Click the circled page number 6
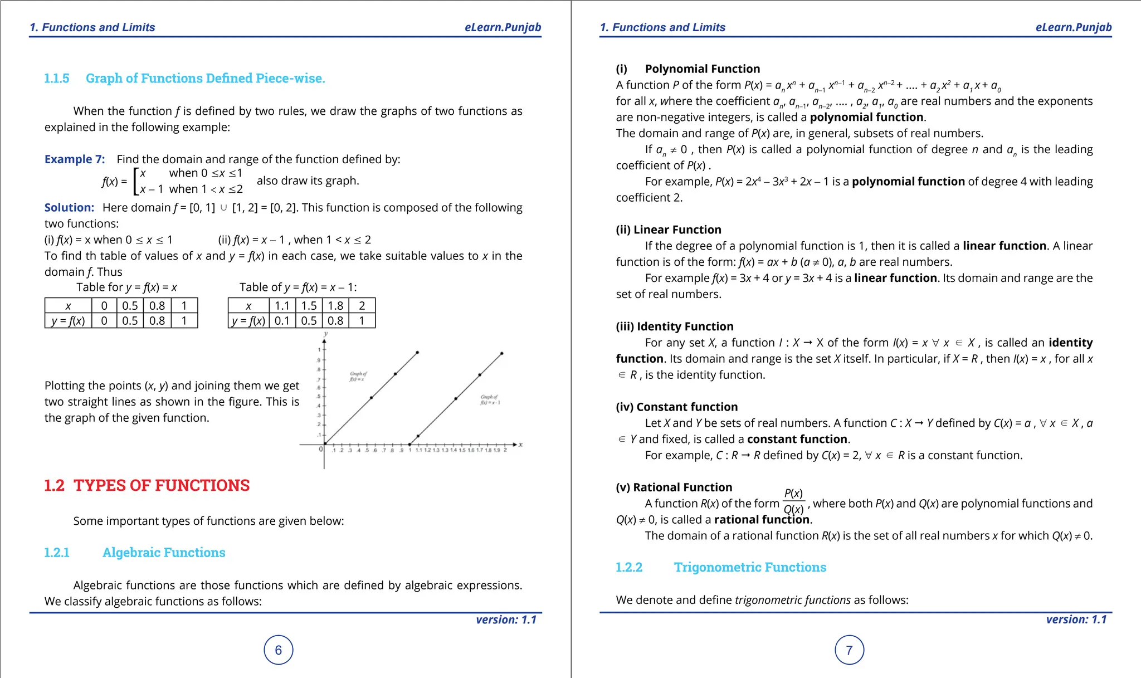pyautogui.click(x=278, y=650)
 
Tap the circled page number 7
pyautogui.click(x=849, y=650)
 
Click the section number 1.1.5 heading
pyautogui.click(x=57, y=79)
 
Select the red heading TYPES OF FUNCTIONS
pyautogui.click(x=162, y=485)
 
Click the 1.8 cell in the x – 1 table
pyautogui.click(x=335, y=305)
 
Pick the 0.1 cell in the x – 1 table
pyautogui.click(x=282, y=321)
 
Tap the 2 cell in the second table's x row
pyautogui.click(x=362, y=305)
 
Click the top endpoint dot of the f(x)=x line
pyautogui.click(x=417, y=353)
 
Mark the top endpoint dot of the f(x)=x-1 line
pyautogui.click(x=502, y=353)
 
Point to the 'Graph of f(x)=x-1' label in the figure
pyautogui.click(x=490, y=400)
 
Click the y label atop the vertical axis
pyautogui.click(x=325, y=334)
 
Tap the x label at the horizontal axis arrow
pyautogui.click(x=520, y=444)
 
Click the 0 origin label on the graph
pyautogui.click(x=320, y=449)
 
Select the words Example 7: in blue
pyautogui.click(x=75, y=159)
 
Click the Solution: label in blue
pyautogui.click(x=70, y=208)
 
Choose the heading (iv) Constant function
pyautogui.click(x=676, y=407)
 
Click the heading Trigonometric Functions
pyautogui.click(x=750, y=567)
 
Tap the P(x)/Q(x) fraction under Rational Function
pyautogui.click(x=793, y=501)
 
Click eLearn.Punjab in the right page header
pyautogui.click(x=1073, y=27)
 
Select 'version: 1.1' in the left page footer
pyautogui.click(x=506, y=620)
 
